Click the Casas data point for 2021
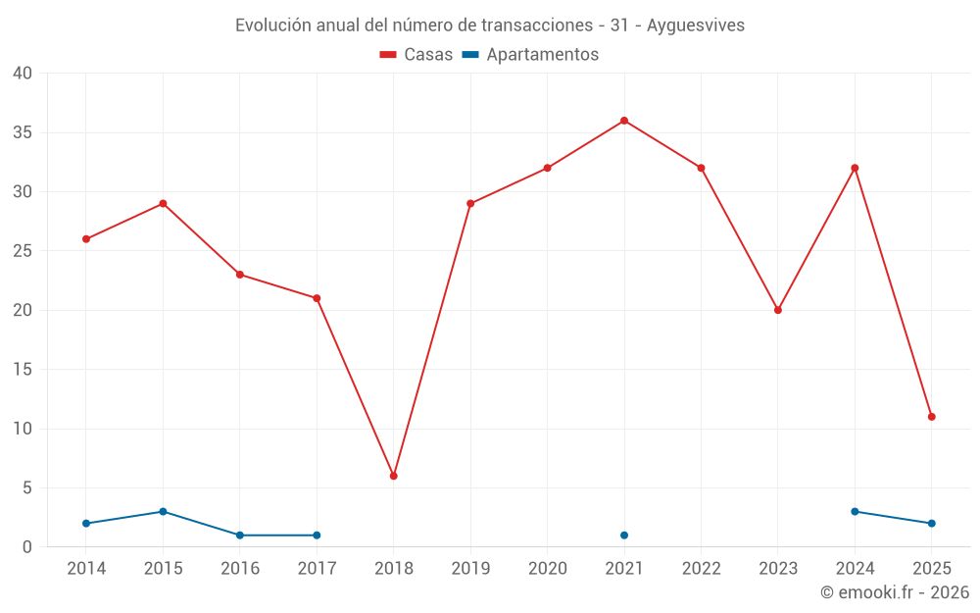click(x=624, y=121)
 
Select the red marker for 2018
click(x=394, y=476)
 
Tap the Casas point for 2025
click(x=932, y=417)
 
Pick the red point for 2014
click(x=86, y=239)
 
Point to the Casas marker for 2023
click(x=778, y=310)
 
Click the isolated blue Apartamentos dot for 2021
click(x=624, y=536)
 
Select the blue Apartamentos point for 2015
click(x=163, y=512)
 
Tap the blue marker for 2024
click(x=855, y=512)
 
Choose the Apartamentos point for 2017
click(x=317, y=536)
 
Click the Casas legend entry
click(x=416, y=55)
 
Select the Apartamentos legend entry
click(x=530, y=55)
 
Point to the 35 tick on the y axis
click(x=23, y=132)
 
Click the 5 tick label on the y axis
click(x=27, y=487)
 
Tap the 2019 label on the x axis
click(x=470, y=568)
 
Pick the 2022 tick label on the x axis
click(x=701, y=568)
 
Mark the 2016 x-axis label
click(x=240, y=568)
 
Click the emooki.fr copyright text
click(x=895, y=592)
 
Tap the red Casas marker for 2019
click(x=470, y=204)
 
